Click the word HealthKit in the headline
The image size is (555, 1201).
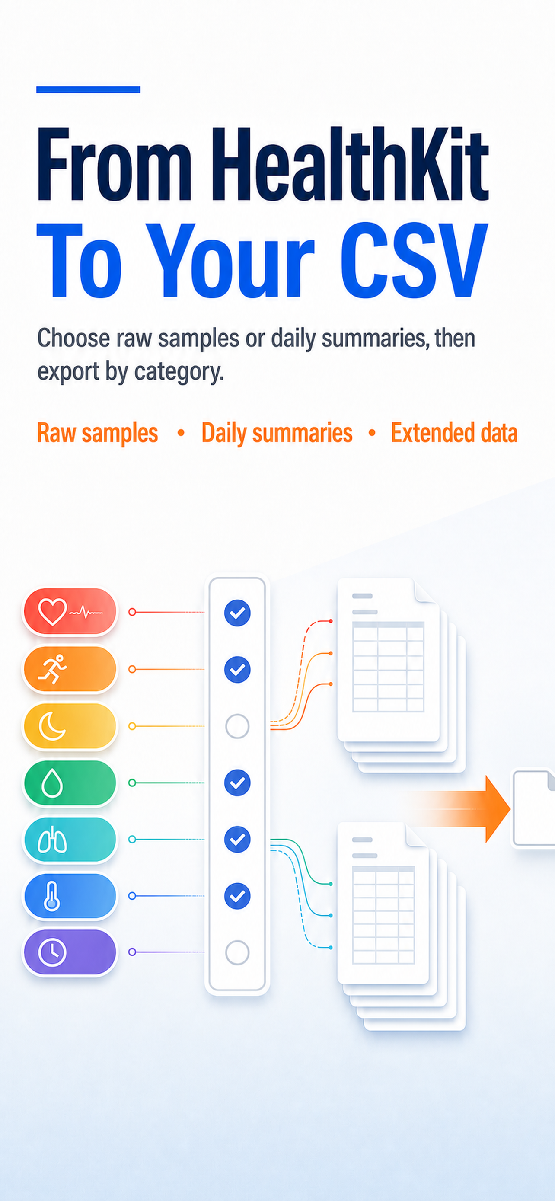point(350,164)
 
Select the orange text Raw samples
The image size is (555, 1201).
point(97,433)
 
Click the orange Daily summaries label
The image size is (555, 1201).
point(277,433)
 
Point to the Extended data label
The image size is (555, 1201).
point(454,433)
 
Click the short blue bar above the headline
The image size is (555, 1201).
point(88,89)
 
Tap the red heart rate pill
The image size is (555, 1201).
point(70,611)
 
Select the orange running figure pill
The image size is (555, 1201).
point(70,669)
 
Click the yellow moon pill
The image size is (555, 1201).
point(70,726)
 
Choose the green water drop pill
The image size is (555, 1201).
point(70,783)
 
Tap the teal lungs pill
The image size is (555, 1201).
point(70,839)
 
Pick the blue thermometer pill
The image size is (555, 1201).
point(70,896)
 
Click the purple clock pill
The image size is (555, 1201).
point(70,952)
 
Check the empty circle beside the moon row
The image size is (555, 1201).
point(237,726)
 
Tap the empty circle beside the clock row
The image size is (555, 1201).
point(237,952)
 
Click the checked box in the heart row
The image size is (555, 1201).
point(237,613)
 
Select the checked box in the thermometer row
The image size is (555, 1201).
point(237,896)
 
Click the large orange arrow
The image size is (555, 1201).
point(461,809)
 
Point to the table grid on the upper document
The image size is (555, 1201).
point(388,667)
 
